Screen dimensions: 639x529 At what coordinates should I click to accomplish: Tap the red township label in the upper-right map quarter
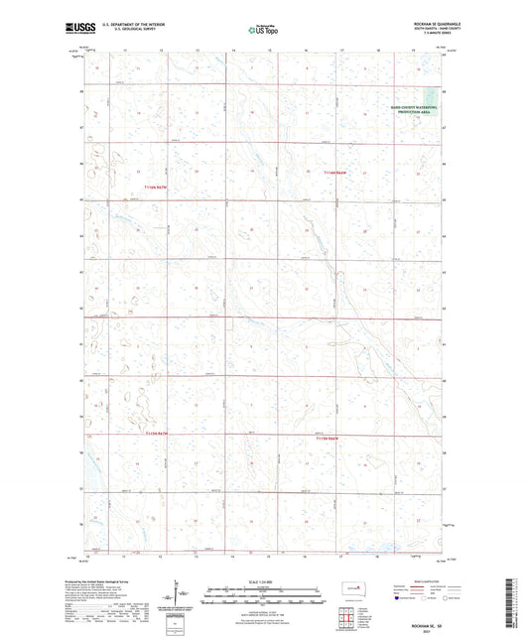pos(338,173)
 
